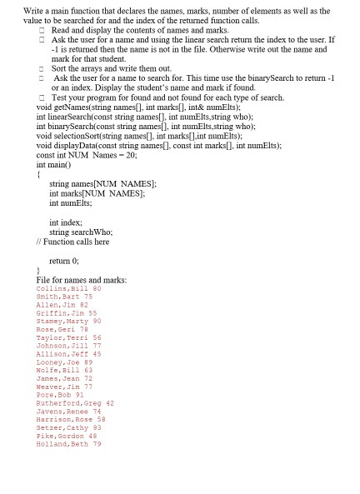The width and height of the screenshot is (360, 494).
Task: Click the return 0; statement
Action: pyautogui.click(x=65, y=260)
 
